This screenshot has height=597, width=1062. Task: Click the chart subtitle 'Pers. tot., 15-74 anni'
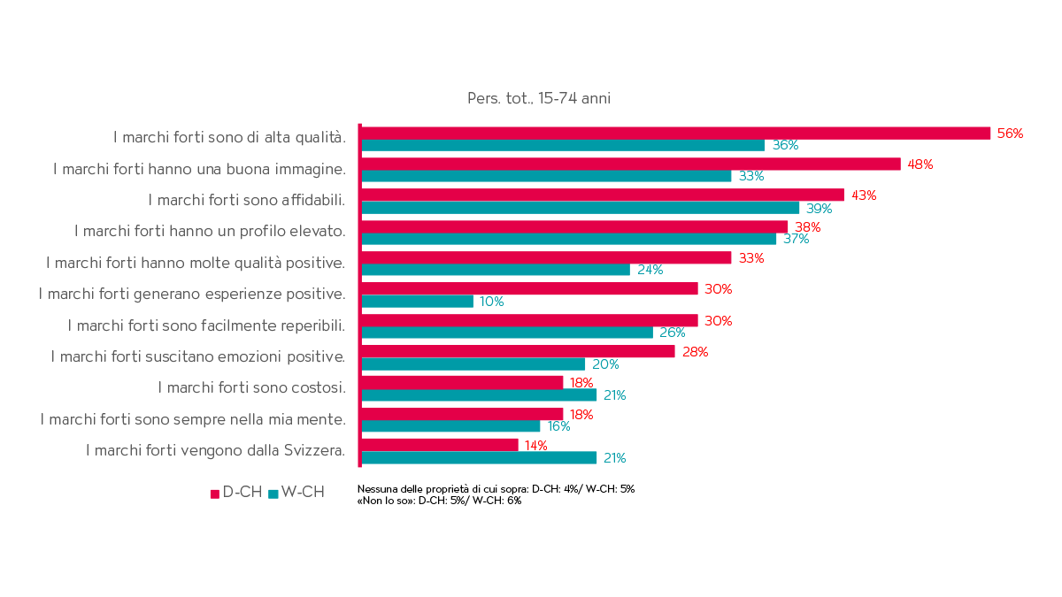point(538,98)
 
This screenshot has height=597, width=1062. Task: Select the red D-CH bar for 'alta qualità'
point(676,133)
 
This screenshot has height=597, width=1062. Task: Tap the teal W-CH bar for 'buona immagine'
point(547,176)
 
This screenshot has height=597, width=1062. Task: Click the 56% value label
point(1010,134)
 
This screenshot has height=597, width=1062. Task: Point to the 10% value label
point(491,302)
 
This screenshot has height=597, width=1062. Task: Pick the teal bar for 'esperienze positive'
point(418,302)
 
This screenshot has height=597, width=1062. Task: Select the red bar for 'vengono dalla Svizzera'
point(440,444)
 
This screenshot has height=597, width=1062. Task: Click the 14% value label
point(535,446)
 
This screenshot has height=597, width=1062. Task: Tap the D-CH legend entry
point(236,493)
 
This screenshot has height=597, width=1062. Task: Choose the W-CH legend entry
point(296,493)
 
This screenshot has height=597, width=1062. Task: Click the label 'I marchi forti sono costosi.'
point(251,387)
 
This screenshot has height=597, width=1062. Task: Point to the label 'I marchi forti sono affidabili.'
point(246,200)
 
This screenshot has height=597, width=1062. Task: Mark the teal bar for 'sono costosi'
point(480,395)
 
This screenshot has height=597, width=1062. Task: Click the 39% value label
point(820,209)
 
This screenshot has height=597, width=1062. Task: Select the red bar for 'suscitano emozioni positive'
point(519,351)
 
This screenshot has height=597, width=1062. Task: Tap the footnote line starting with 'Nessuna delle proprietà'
point(496,488)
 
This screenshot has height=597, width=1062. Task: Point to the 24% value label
point(650,270)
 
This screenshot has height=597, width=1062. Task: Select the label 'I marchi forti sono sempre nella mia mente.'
point(193,418)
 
